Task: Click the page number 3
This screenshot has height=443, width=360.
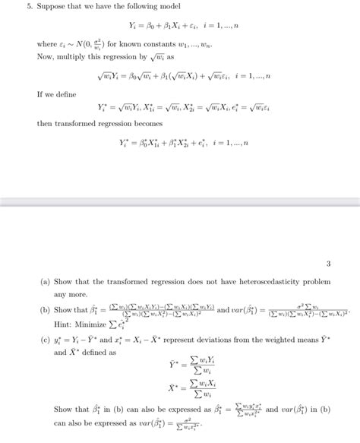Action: coord(328,264)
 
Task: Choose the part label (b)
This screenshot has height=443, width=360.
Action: coord(46,310)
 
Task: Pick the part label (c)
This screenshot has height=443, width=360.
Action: coord(46,340)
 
